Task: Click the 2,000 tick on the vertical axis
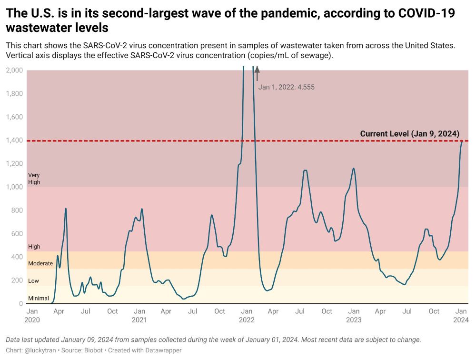point(14,70)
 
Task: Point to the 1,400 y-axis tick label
point(14,140)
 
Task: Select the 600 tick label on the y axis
point(17,234)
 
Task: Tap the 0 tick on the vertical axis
point(20,304)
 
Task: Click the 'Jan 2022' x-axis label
point(246,316)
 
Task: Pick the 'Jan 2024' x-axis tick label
point(461,316)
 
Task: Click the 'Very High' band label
point(34,179)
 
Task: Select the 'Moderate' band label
point(40,263)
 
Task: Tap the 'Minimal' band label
point(39,299)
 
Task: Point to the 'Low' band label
point(33,281)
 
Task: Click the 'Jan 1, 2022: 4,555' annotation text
point(286,87)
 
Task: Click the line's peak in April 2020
point(66,209)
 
